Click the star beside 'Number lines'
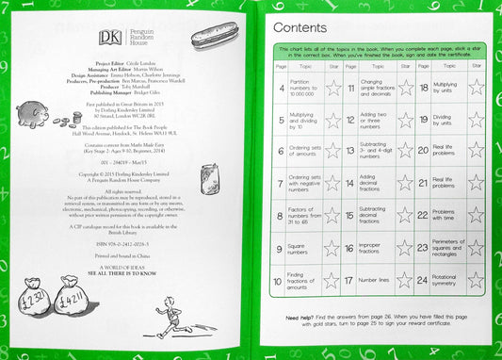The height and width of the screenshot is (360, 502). (405, 281)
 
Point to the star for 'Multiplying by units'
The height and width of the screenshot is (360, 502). (477, 89)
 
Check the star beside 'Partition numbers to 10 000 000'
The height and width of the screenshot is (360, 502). (331, 89)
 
